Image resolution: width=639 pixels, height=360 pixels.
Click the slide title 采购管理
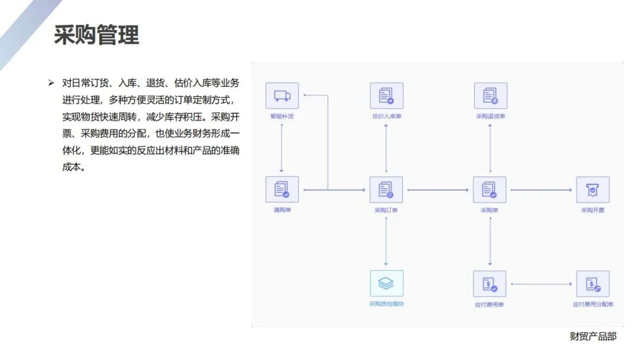(x=96, y=35)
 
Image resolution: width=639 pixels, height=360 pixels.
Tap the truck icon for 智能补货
(x=282, y=96)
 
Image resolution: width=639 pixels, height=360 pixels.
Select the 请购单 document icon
(x=282, y=189)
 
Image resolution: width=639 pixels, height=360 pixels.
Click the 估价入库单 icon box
(x=386, y=96)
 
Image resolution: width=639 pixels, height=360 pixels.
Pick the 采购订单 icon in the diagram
(x=386, y=189)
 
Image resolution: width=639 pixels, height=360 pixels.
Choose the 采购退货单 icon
(x=490, y=96)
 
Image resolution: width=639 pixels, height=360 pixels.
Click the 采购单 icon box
(x=490, y=189)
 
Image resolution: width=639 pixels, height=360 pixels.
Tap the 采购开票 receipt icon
(x=592, y=189)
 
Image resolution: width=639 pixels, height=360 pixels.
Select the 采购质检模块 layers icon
(x=386, y=284)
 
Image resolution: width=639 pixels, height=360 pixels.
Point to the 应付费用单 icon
(x=490, y=284)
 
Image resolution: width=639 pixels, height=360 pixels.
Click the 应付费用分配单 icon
(x=592, y=284)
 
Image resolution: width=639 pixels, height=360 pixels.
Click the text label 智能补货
(x=282, y=116)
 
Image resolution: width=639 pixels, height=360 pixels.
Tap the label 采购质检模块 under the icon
(x=386, y=304)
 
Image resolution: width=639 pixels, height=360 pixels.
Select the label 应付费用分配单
(x=593, y=304)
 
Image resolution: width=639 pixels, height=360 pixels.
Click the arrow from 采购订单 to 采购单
(x=438, y=190)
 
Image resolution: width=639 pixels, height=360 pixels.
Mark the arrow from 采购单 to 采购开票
(x=541, y=190)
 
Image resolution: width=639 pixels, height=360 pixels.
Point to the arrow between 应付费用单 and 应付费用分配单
(x=541, y=284)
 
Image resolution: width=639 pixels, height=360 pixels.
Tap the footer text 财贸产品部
(x=593, y=336)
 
